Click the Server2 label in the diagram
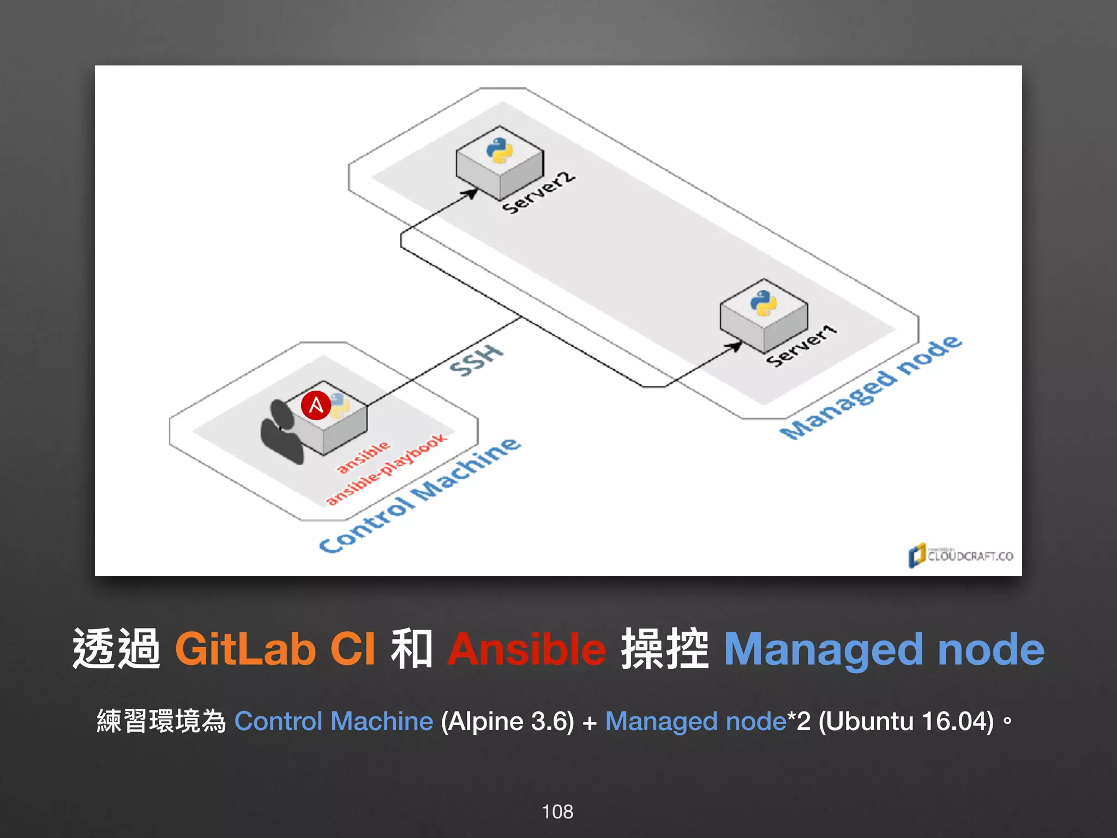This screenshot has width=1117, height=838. tap(538, 193)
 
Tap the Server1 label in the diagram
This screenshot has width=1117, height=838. tap(801, 345)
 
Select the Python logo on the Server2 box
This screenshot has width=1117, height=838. tap(500, 150)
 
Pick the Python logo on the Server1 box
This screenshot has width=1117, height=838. tap(764, 303)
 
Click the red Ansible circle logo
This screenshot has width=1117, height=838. tap(316, 405)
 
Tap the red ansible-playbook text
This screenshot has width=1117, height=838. tap(387, 469)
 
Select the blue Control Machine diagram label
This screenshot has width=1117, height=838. tap(420, 495)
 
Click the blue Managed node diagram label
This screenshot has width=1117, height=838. tap(872, 388)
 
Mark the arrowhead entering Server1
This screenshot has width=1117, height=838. tap(736, 346)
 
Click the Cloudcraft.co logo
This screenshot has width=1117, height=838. tap(960, 555)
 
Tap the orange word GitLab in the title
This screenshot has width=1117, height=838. tap(245, 649)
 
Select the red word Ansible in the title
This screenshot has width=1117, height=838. tap(526, 649)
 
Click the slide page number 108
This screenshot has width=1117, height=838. tap(557, 812)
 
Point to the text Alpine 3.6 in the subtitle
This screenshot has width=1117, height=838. tap(507, 721)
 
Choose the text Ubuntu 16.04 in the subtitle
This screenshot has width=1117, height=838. tap(905, 721)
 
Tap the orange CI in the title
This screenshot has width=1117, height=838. tap(353, 649)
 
